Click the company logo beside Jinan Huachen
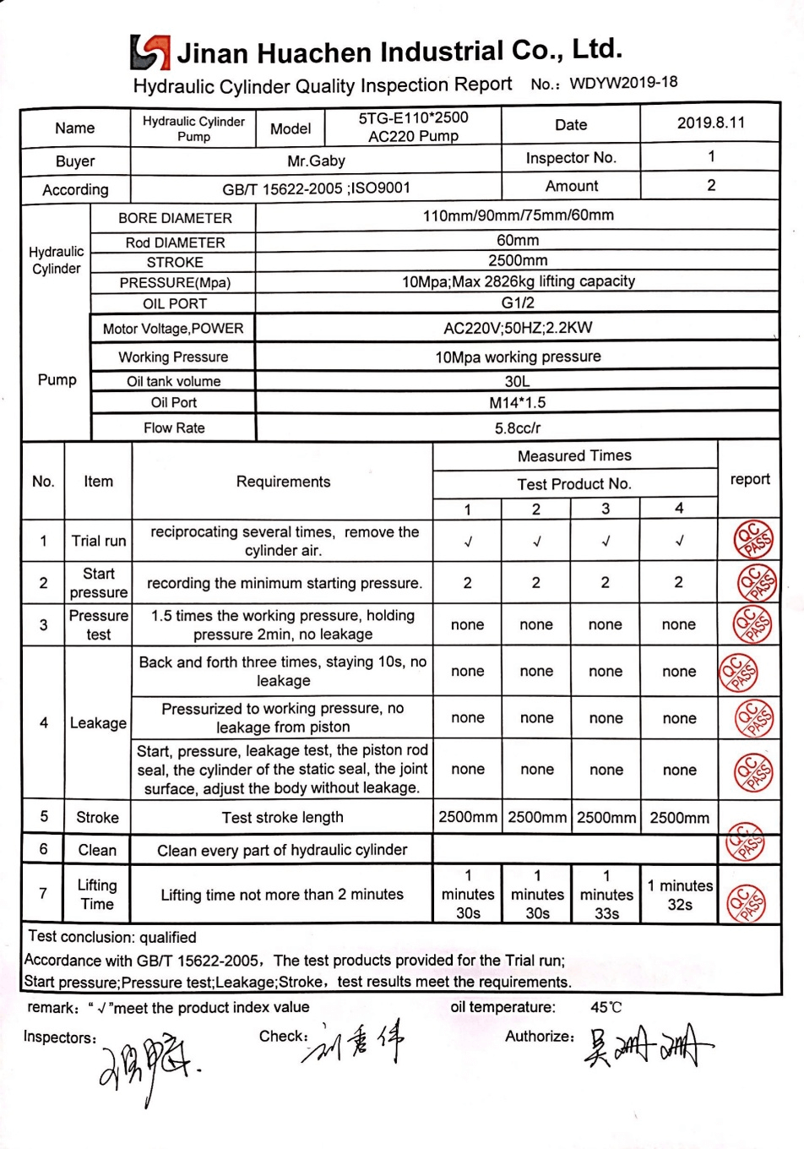(x=149, y=52)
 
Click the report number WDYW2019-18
(x=623, y=83)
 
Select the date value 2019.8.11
(x=710, y=123)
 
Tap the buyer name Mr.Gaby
(x=316, y=161)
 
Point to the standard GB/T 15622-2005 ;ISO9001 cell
(x=316, y=188)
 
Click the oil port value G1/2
(x=517, y=302)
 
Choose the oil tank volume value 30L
(x=517, y=381)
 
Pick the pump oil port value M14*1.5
(x=517, y=403)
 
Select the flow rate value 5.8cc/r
(x=517, y=428)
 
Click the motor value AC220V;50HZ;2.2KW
(x=517, y=328)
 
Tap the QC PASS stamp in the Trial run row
(x=752, y=540)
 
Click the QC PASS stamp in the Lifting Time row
(x=747, y=902)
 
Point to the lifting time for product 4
(x=680, y=895)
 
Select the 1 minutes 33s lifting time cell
(x=606, y=895)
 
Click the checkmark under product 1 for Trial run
(x=468, y=542)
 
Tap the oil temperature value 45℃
(x=606, y=1007)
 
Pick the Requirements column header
(x=283, y=482)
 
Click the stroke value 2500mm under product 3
(x=606, y=818)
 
